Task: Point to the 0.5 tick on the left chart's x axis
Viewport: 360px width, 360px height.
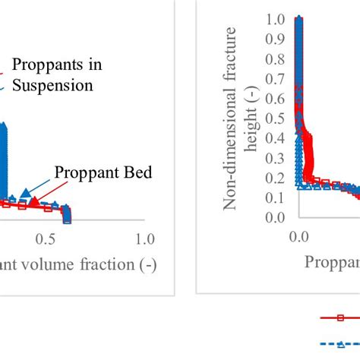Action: pos(46,239)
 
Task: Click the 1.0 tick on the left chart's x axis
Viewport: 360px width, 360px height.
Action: pos(142,239)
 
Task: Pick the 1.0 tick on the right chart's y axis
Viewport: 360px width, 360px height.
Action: pos(275,18)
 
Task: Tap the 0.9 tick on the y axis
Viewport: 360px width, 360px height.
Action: pos(275,38)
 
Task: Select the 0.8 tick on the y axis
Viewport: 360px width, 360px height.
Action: pos(275,58)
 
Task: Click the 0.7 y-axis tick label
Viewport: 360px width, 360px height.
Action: pos(275,77)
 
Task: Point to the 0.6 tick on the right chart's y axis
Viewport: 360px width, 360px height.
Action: pos(275,97)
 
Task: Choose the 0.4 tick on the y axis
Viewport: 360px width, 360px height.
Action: pos(275,137)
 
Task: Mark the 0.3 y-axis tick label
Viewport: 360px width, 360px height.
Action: pos(275,157)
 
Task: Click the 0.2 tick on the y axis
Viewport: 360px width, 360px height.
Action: pos(275,178)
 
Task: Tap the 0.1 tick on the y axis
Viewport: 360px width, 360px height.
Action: pos(275,197)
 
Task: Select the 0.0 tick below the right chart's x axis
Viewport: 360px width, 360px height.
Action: pos(300,236)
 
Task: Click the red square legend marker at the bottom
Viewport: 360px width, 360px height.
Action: pos(339,318)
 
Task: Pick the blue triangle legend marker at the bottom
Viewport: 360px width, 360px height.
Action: pos(339,343)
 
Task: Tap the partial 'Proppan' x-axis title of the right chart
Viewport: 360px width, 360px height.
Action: pos(332,262)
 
